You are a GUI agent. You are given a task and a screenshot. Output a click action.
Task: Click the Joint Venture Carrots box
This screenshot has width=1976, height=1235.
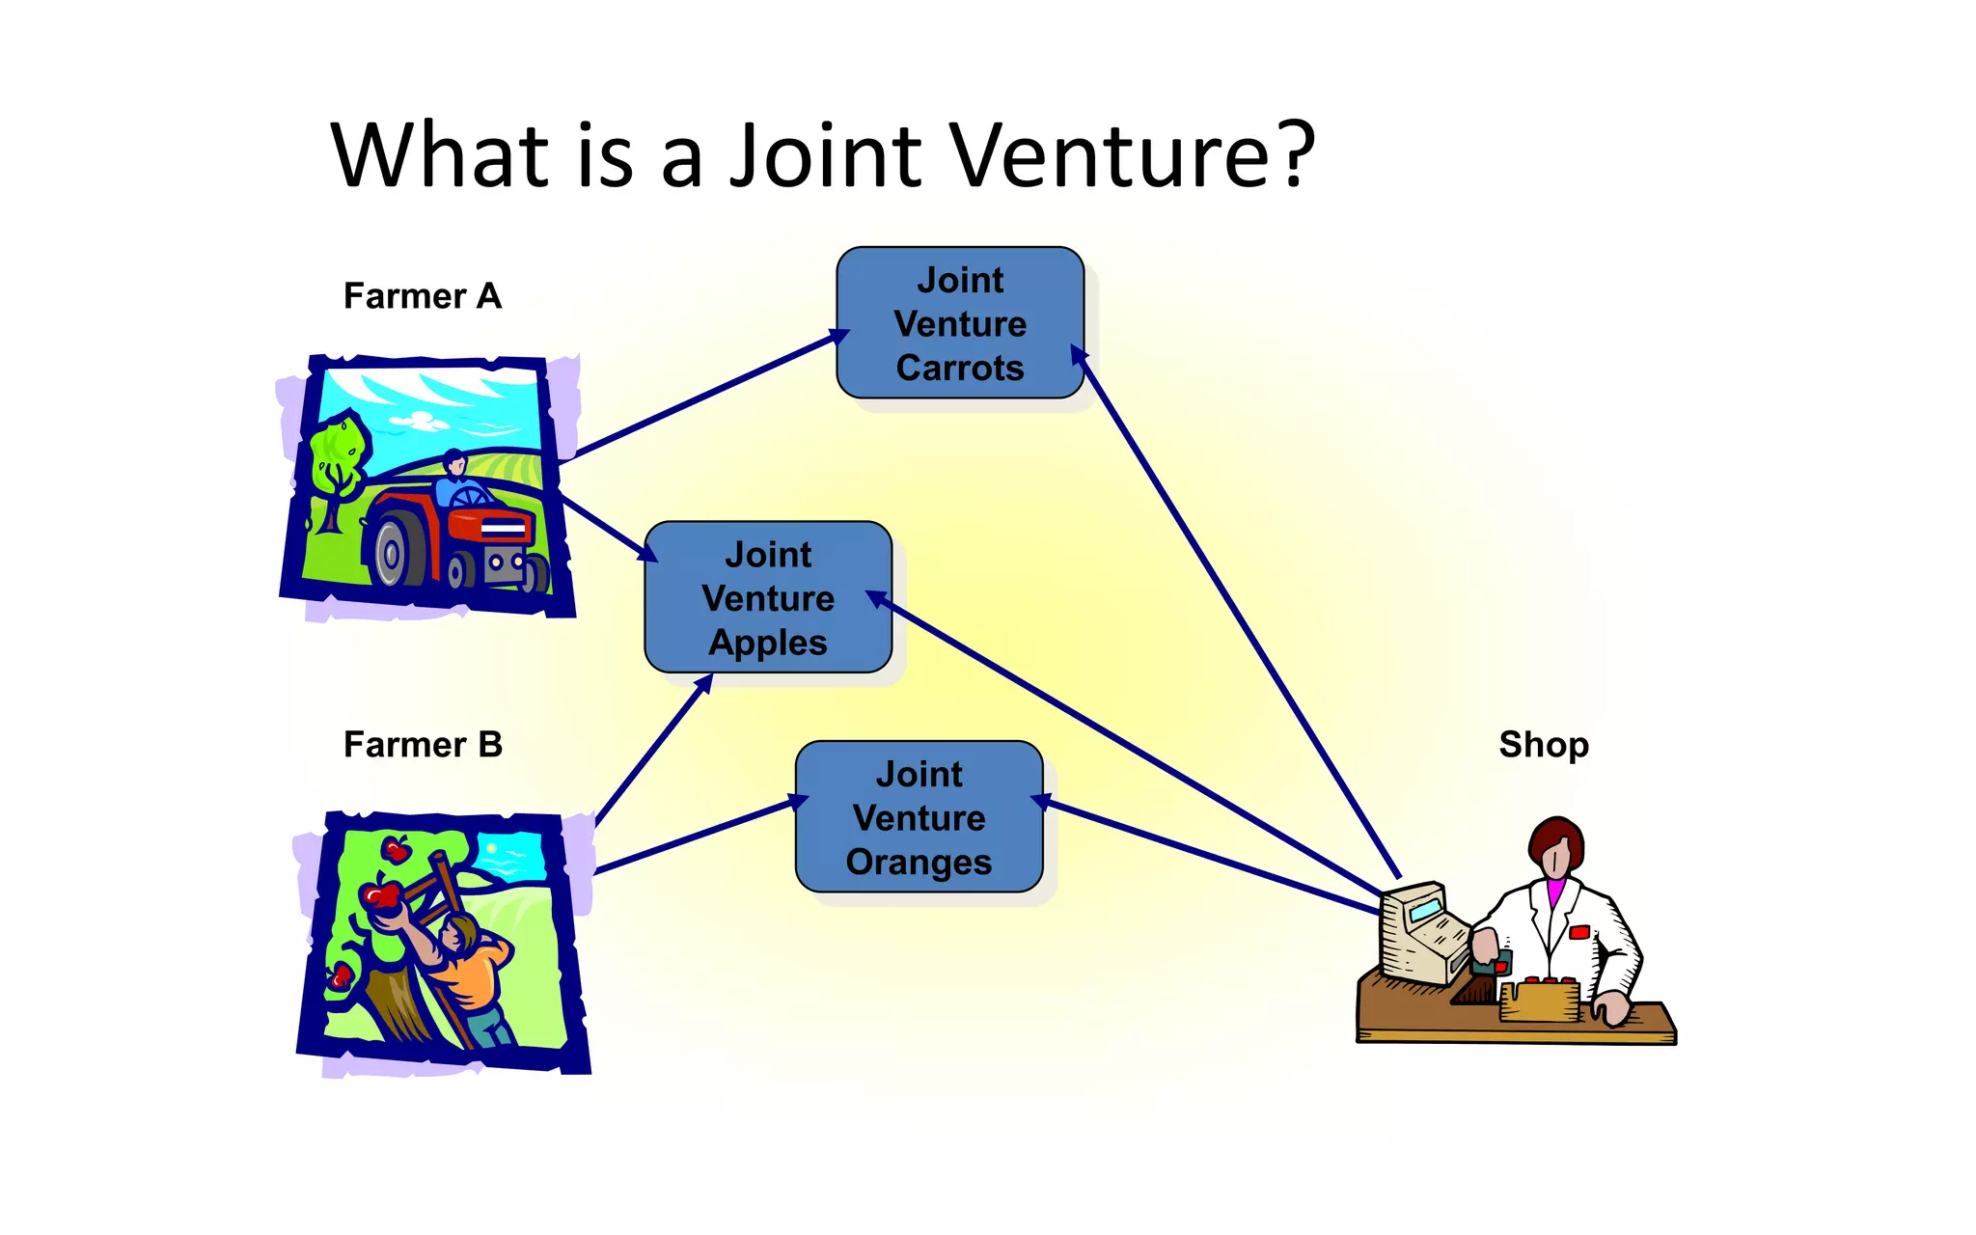(960, 323)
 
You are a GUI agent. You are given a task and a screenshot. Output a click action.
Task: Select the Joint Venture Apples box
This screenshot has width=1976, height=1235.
(768, 597)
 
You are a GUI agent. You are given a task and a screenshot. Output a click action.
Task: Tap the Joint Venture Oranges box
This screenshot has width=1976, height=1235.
(919, 817)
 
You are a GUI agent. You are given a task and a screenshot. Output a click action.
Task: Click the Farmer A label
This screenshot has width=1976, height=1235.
(423, 296)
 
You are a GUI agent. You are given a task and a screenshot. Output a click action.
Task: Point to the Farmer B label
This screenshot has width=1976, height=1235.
(423, 745)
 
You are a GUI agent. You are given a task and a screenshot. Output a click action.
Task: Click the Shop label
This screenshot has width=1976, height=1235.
(1543, 745)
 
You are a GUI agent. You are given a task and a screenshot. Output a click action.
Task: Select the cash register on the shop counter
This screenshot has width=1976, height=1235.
(1424, 931)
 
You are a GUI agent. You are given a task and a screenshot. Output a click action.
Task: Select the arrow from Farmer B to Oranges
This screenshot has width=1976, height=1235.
(695, 837)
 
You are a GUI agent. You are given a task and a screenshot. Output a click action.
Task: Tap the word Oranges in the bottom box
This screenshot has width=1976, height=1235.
(919, 862)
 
